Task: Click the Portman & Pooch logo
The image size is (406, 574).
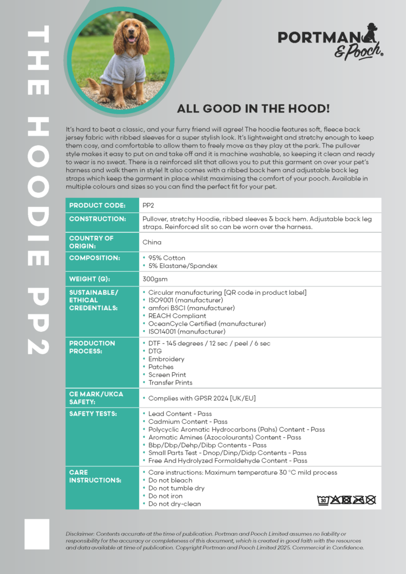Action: tap(331, 41)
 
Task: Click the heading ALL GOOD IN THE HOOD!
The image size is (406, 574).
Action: tap(253, 108)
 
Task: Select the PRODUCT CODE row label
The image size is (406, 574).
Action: tap(97, 206)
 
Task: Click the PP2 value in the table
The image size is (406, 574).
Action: tap(149, 206)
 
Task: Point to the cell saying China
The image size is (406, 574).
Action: tap(152, 242)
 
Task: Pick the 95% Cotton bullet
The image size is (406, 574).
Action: tap(167, 258)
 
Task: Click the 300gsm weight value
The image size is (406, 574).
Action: tap(155, 279)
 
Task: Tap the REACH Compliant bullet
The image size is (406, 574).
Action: tap(177, 316)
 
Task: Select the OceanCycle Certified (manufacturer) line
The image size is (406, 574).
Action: tap(207, 323)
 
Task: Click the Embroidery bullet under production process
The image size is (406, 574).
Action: tap(166, 359)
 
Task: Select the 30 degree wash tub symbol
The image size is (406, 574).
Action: tap(323, 499)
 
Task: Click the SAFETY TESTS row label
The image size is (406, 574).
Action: tap(93, 414)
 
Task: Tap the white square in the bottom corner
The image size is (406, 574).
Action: tap(36, 534)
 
